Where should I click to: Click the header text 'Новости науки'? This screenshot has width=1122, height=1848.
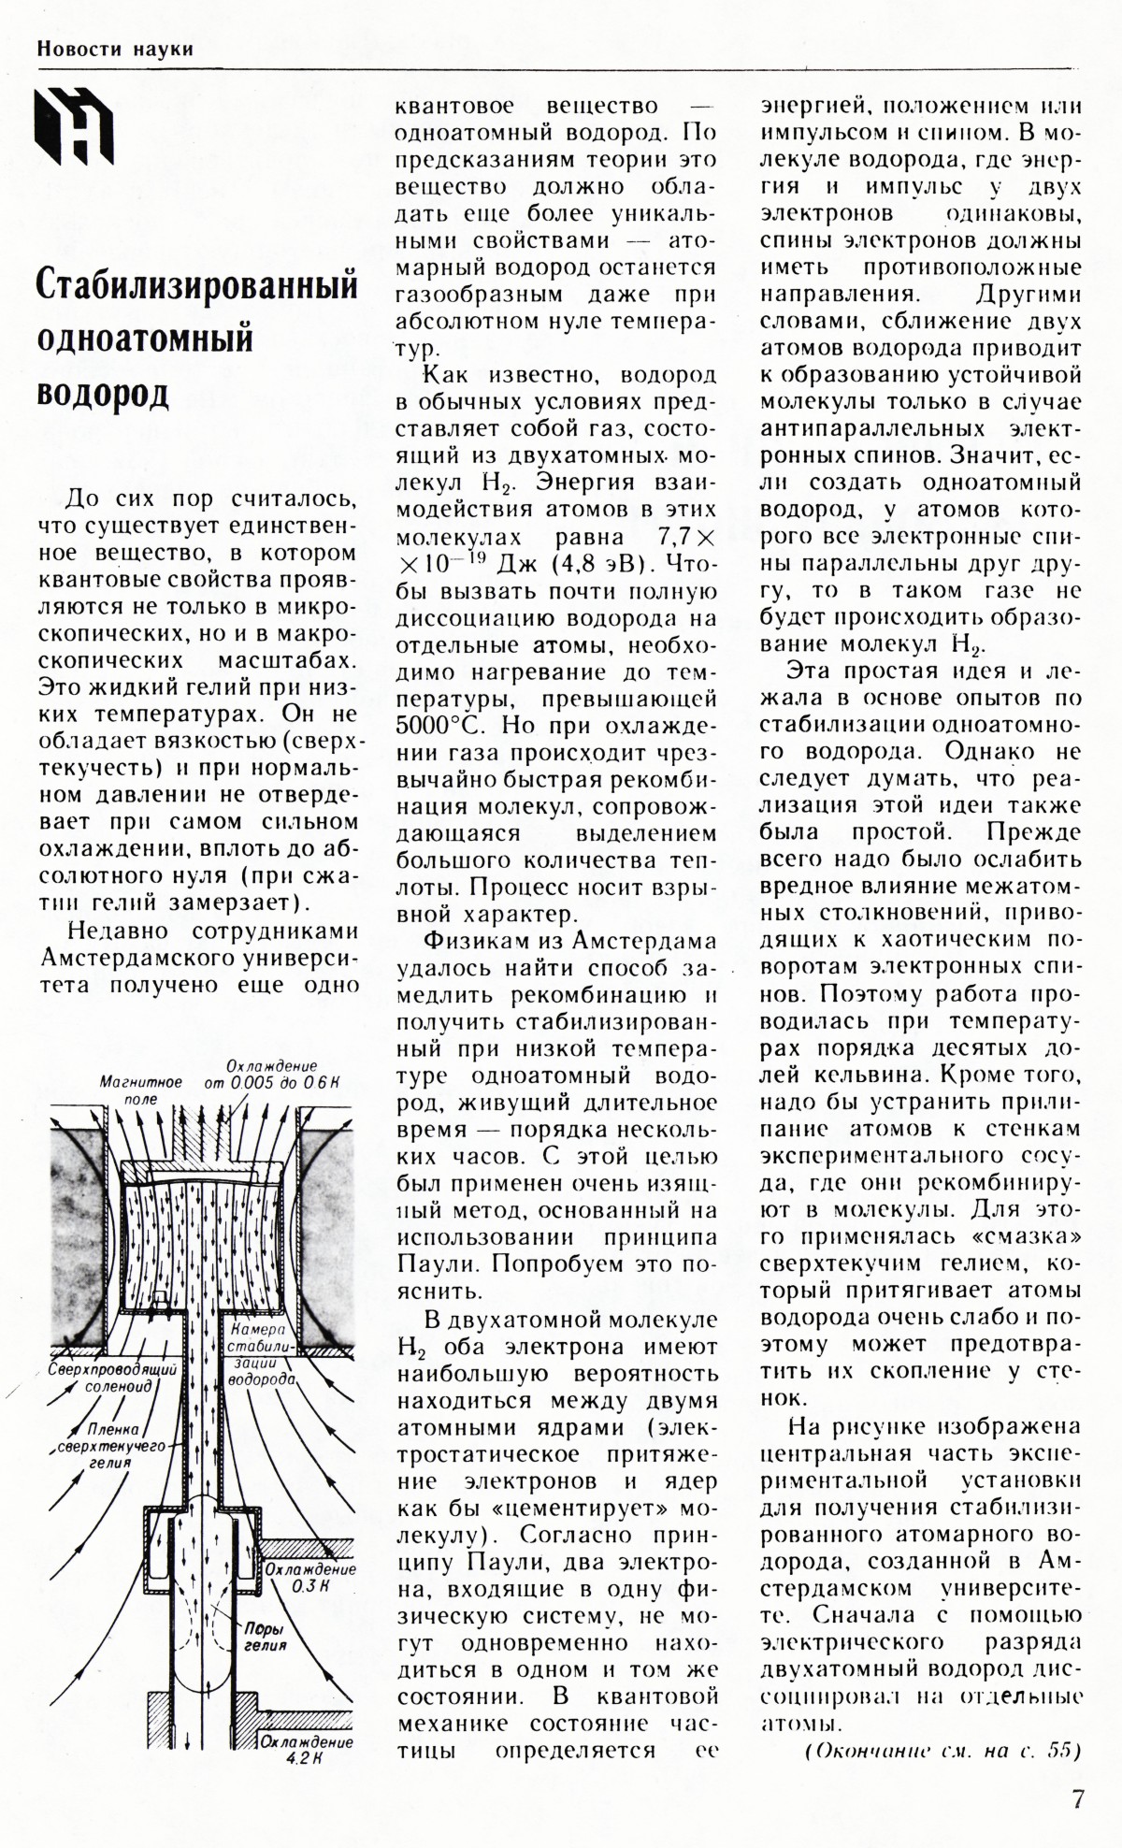pyautogui.click(x=115, y=49)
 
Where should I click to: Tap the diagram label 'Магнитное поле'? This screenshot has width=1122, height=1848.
pyautogui.click(x=140, y=1090)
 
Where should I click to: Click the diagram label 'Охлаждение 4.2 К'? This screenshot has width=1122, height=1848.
pyautogui.click(x=307, y=1751)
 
